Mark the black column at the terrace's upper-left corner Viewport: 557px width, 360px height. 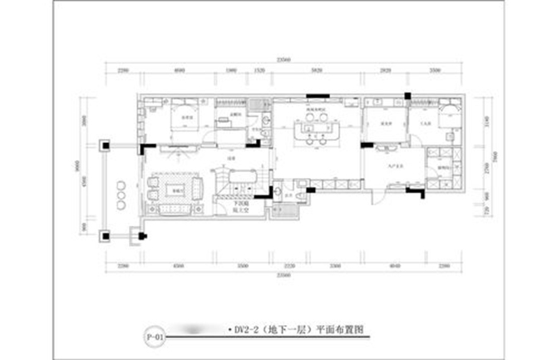tap(106, 144)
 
